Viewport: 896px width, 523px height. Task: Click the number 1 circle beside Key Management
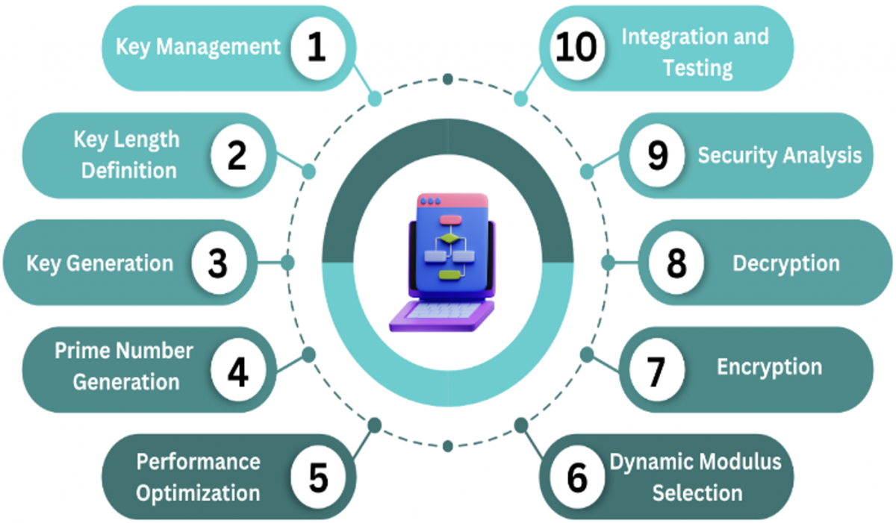pyautogui.click(x=318, y=48)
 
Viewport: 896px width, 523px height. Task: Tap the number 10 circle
pyautogui.click(x=576, y=48)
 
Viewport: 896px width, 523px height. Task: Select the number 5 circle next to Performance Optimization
pyautogui.click(x=318, y=477)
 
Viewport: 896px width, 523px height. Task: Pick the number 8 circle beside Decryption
pyautogui.click(x=676, y=263)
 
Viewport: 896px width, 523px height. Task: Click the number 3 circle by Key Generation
pyautogui.click(x=218, y=263)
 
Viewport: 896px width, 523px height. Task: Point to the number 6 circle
pyautogui.click(x=576, y=477)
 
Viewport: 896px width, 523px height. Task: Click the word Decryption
pyautogui.click(x=786, y=263)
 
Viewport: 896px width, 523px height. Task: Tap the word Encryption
pyautogui.click(x=769, y=367)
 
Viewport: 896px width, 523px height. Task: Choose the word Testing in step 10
pyautogui.click(x=698, y=69)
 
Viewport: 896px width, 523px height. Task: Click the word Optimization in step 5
pyautogui.click(x=198, y=493)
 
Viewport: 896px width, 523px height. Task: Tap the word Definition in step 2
pyautogui.click(x=128, y=171)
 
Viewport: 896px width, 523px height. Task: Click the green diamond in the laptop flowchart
pyautogui.click(x=450, y=239)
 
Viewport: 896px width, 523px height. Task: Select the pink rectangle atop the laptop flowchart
pyautogui.click(x=450, y=220)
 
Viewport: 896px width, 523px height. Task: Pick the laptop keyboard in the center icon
pyautogui.click(x=444, y=311)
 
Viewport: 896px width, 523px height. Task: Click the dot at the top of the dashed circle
pyautogui.click(x=448, y=79)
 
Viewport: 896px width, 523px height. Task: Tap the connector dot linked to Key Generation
pyautogui.click(x=287, y=263)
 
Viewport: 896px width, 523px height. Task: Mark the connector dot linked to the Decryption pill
pyautogui.click(x=608, y=263)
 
